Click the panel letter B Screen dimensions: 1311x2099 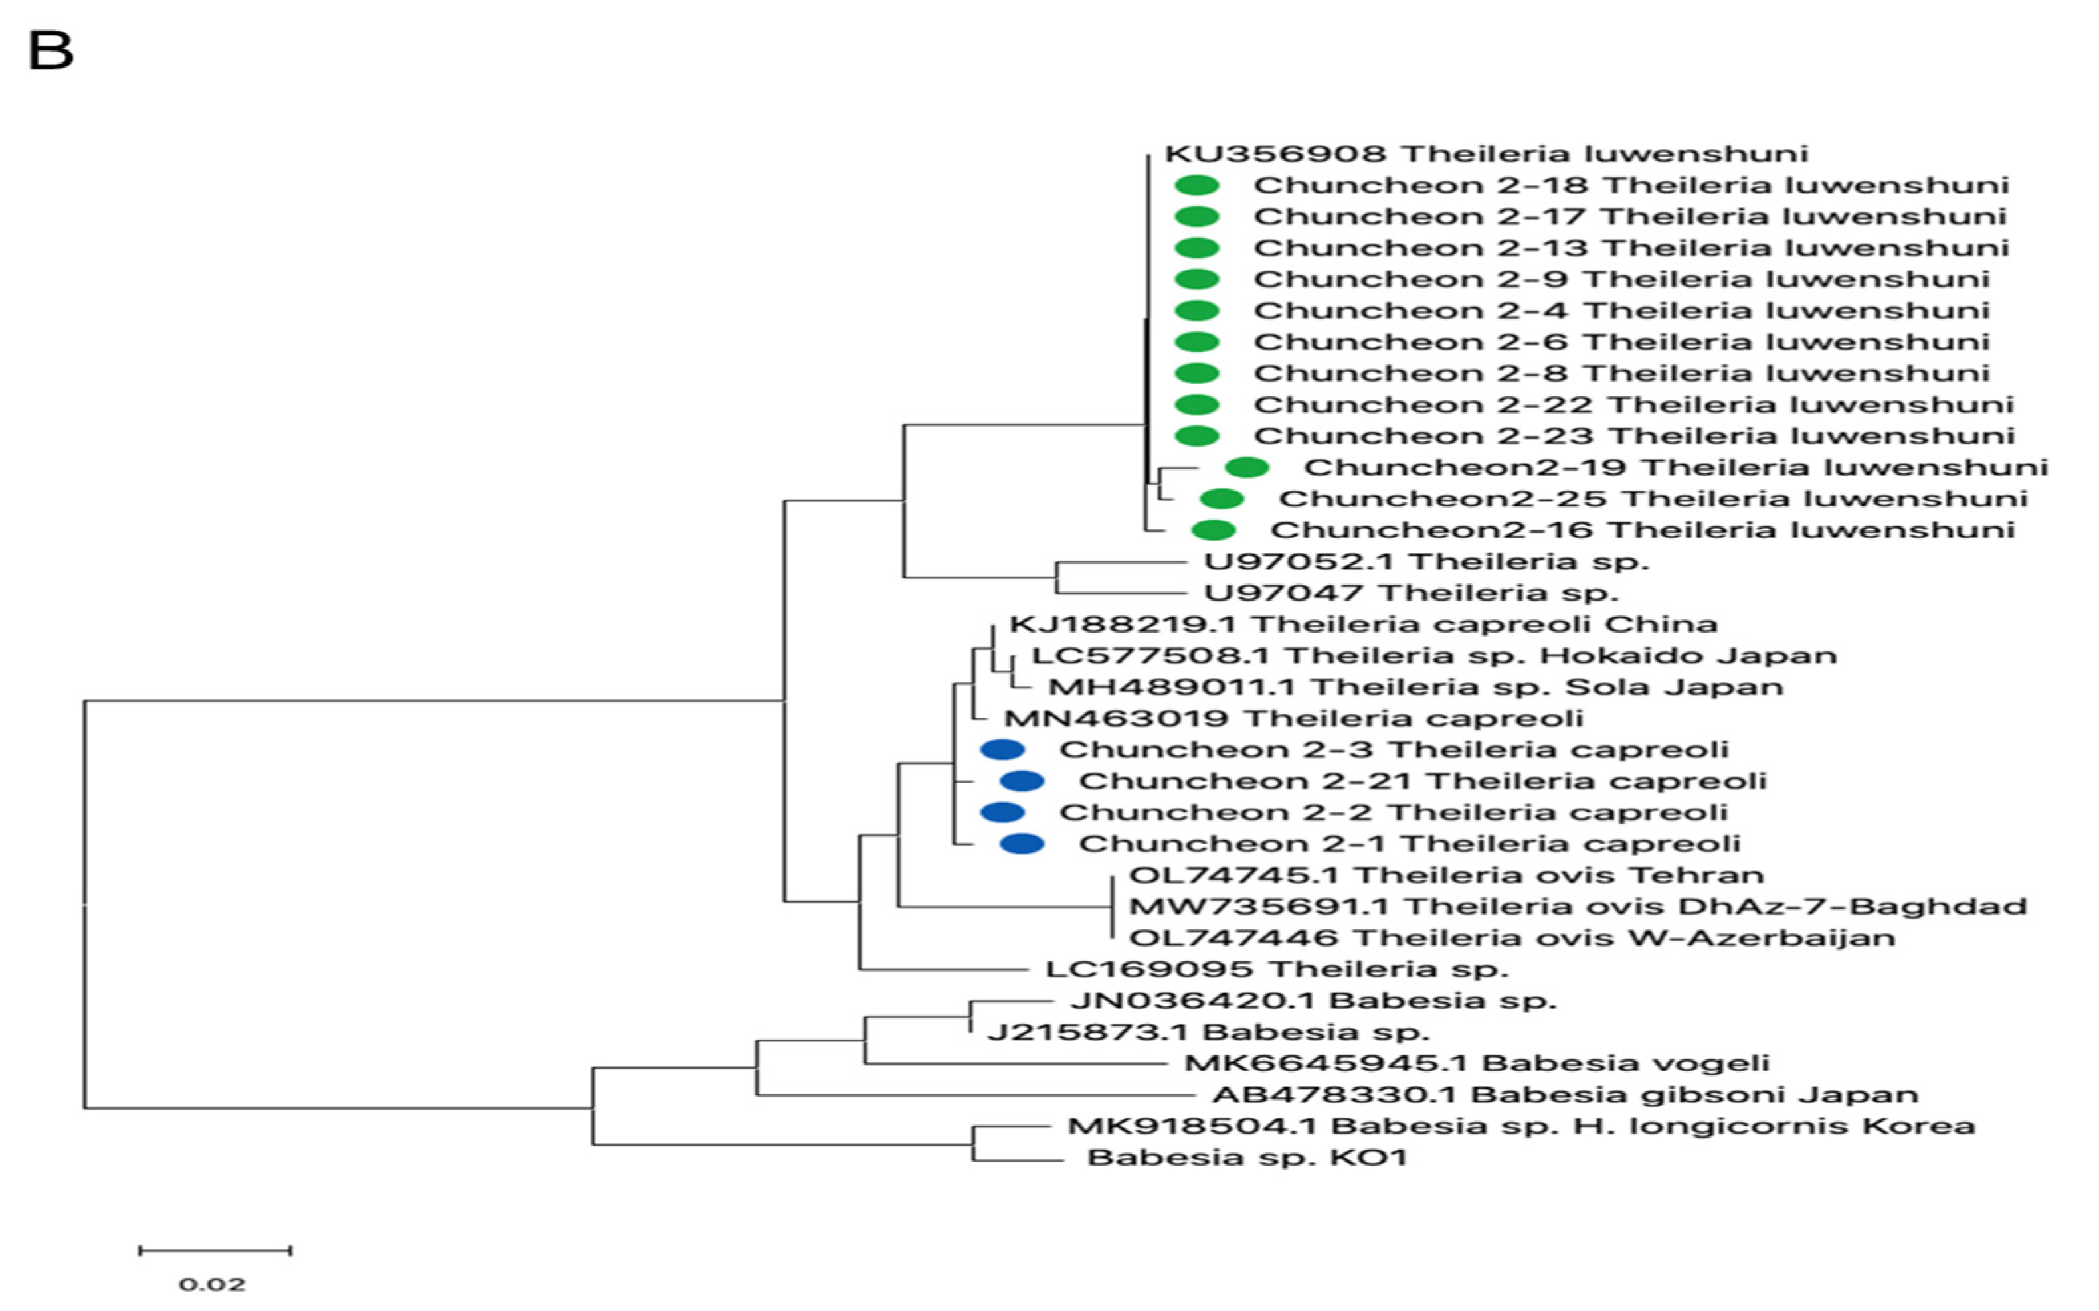[50, 50]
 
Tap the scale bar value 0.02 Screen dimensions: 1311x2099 [213, 1284]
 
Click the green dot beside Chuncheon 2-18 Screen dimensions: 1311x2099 [1197, 185]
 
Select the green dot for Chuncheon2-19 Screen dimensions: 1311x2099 [1247, 467]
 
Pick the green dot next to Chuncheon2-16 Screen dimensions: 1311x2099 [1214, 530]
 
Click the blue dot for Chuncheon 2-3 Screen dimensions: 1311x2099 [1002, 749]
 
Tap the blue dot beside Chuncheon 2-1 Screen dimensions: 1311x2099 [1022, 844]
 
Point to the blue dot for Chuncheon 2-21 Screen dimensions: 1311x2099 [1022, 781]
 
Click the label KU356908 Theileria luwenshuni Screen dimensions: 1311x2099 [1486, 153]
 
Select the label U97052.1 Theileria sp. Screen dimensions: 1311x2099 [1426, 561]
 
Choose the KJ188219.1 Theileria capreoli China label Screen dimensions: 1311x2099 [1362, 624]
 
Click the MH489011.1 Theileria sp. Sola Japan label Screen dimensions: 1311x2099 [1415, 687]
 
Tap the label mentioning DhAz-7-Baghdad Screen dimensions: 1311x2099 [1577, 906]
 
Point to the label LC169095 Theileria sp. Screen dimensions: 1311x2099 [1277, 968]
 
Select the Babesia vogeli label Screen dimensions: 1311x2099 [1476, 1063]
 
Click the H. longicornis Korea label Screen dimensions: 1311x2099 [1520, 1125]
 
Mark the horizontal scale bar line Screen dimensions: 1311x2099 [215, 1251]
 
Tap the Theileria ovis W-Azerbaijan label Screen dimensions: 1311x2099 [1512, 937]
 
